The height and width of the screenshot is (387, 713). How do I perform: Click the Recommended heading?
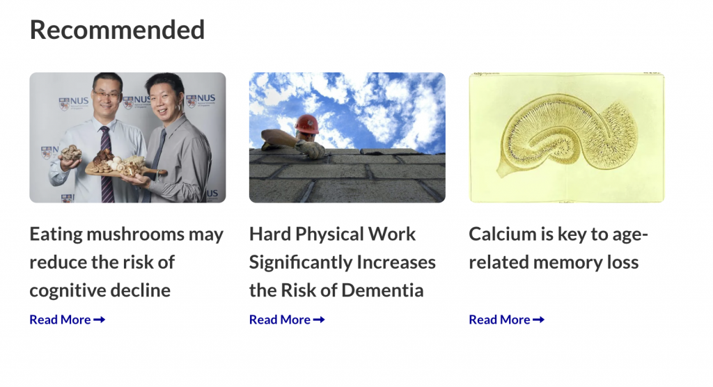[x=117, y=30]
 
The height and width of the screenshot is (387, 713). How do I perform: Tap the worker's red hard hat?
[x=306, y=124]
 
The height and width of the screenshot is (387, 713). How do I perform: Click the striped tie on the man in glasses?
[x=107, y=167]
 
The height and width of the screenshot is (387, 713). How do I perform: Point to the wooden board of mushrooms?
[x=125, y=169]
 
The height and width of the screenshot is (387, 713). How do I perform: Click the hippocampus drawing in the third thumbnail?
[x=567, y=136]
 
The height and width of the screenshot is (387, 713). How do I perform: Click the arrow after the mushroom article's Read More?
[x=99, y=319]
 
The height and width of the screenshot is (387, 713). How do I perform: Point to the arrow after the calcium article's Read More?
[x=538, y=319]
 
